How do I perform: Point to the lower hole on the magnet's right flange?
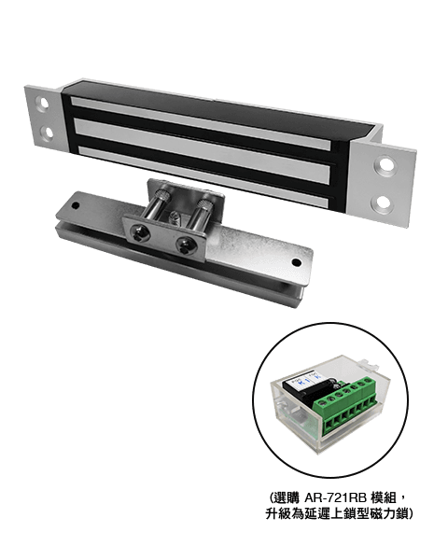click(x=382, y=201)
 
